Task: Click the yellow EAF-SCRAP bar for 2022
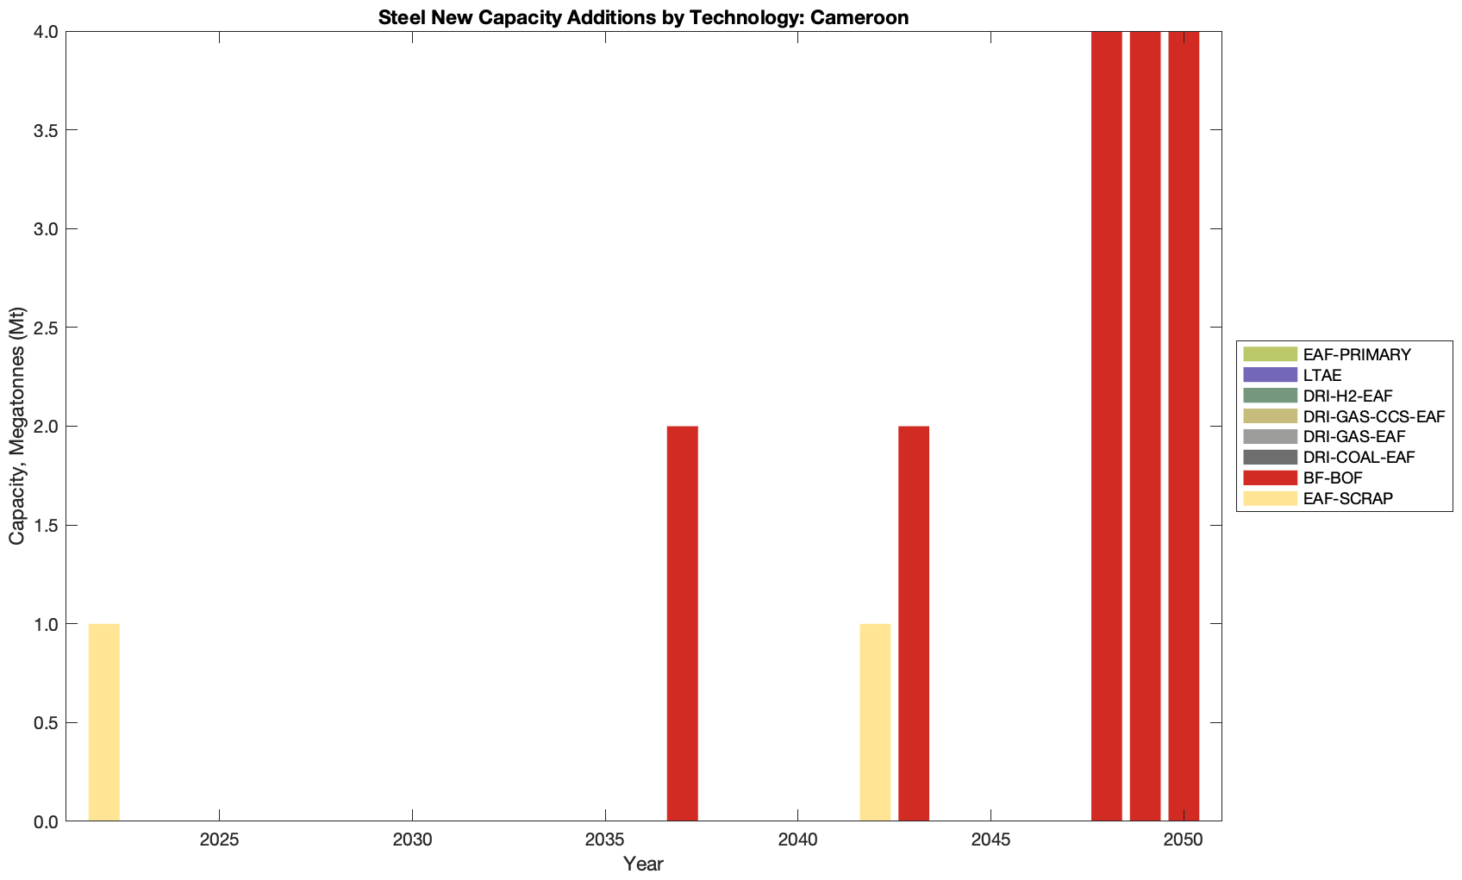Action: click(103, 722)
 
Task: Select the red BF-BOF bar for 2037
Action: click(682, 623)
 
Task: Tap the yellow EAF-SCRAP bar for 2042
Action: click(875, 722)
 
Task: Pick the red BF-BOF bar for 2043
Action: click(914, 623)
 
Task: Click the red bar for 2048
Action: click(1106, 426)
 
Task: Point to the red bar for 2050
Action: click(1184, 426)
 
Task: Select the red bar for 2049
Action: click(1145, 426)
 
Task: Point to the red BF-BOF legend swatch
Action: click(1270, 477)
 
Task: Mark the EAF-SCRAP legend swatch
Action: click(1270, 498)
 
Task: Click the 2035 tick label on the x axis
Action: click(605, 839)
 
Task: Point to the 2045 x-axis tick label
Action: click(990, 839)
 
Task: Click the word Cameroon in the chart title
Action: click(859, 17)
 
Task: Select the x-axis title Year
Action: click(643, 864)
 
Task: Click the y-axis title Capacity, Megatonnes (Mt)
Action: click(17, 426)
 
